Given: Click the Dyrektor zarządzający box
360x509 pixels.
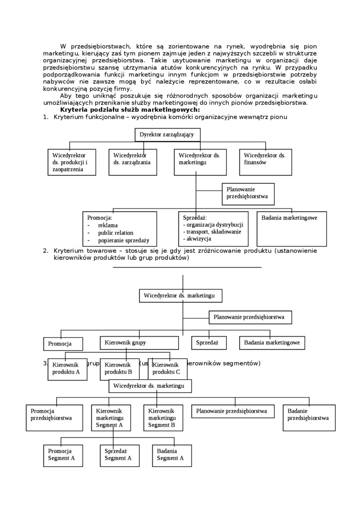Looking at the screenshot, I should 167,134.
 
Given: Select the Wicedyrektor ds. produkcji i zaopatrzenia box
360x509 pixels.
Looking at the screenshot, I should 72,162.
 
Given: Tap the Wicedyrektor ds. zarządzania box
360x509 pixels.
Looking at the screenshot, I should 133,162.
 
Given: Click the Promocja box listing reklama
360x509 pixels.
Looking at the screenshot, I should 119,229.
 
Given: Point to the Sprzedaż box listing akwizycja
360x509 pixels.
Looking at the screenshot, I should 213,229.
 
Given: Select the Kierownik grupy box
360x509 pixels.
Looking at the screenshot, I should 139,342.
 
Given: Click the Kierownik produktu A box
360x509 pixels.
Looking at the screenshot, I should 67,369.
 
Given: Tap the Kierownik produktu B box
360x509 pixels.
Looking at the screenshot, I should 119,369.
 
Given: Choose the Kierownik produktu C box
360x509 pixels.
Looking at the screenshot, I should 167,369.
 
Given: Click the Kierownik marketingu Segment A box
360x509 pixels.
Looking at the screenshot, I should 111,418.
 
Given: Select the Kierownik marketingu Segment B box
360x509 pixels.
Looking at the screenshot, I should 163,418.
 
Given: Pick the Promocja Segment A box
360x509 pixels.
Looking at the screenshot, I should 63,455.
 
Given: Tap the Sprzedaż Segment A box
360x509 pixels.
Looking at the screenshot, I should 119,455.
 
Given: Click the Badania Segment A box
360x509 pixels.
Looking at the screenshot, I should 171,455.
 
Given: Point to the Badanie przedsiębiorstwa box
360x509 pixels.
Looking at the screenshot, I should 309,418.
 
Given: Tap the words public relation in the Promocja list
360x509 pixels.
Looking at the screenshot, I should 116,233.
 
